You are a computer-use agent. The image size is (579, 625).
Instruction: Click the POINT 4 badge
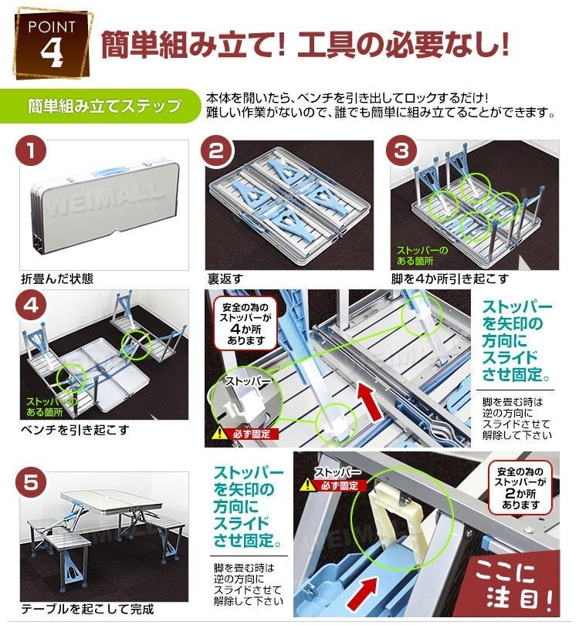click(52, 44)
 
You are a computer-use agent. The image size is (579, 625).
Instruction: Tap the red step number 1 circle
click(31, 151)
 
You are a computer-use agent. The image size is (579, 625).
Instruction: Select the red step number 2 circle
click(216, 151)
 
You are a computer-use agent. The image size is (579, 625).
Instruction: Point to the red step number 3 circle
click(402, 151)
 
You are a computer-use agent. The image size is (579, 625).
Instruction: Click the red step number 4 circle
click(31, 306)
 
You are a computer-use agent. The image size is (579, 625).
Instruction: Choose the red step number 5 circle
click(31, 483)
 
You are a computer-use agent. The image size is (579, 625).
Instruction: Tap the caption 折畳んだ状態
click(57, 279)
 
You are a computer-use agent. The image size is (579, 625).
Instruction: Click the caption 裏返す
click(225, 279)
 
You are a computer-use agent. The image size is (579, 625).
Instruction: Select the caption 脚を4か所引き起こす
click(450, 279)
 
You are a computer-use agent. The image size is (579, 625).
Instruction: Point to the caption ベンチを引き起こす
click(75, 430)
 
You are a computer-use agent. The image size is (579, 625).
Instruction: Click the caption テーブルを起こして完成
click(87, 609)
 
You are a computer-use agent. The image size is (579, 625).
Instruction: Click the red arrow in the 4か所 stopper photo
click(370, 402)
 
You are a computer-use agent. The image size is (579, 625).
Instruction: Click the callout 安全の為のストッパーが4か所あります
click(245, 323)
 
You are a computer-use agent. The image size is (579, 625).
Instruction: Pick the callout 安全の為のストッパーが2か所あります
click(520, 488)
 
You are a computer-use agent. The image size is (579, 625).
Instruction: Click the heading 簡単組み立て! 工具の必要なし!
click(305, 45)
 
